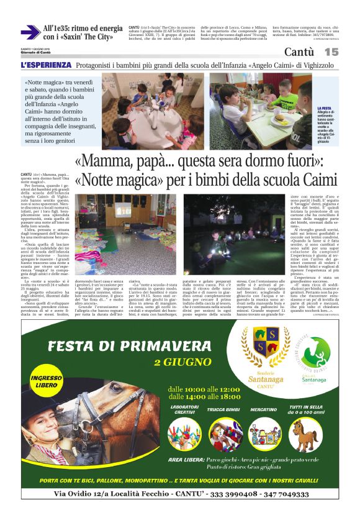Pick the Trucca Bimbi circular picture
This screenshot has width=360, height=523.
coord(225,435)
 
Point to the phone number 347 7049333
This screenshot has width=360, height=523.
coord(278,494)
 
